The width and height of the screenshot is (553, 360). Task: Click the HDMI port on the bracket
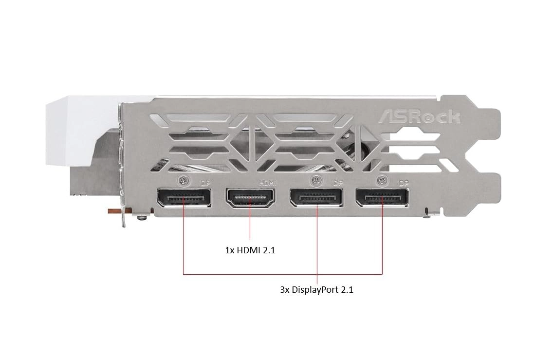tap(250, 199)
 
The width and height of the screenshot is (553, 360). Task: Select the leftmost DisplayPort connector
tap(184, 199)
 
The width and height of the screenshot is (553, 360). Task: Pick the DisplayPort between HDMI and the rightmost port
tap(316, 199)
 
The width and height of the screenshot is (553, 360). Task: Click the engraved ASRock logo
tap(420, 117)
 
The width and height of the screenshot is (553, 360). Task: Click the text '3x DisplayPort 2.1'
tap(316, 289)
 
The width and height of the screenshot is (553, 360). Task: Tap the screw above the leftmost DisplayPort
tap(183, 180)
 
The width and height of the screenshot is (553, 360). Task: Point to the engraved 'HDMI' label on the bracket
tap(267, 183)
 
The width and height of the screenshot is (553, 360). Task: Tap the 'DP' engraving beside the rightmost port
tap(404, 184)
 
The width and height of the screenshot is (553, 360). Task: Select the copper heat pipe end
tap(113, 211)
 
